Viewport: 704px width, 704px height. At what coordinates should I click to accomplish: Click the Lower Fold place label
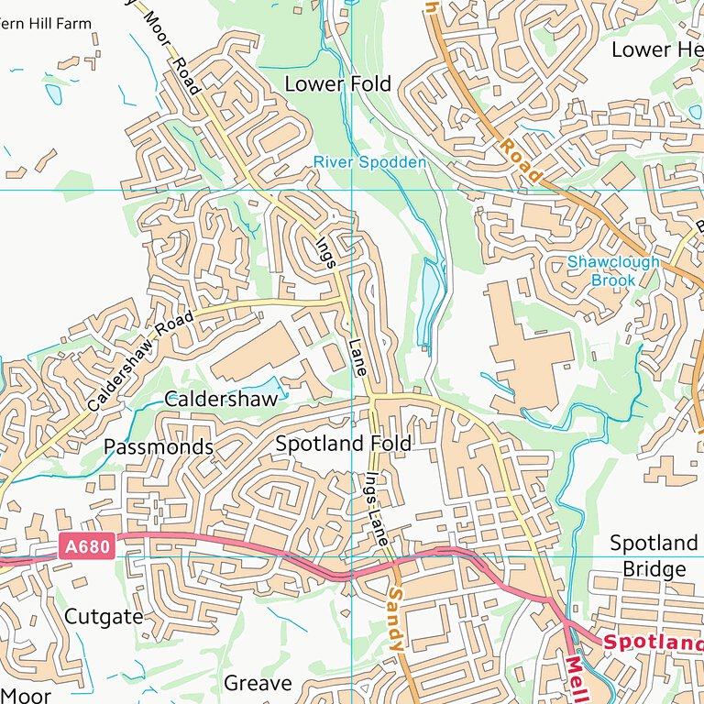pyautogui.click(x=337, y=83)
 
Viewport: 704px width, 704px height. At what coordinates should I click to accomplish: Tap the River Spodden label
pyautogui.click(x=369, y=162)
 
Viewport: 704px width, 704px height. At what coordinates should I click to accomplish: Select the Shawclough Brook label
pyautogui.click(x=613, y=270)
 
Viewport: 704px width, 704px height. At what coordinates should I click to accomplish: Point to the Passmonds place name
pyautogui.click(x=159, y=446)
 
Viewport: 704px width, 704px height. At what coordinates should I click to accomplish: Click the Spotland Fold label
pyautogui.click(x=343, y=443)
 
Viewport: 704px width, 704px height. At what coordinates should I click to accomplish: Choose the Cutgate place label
pyautogui.click(x=104, y=616)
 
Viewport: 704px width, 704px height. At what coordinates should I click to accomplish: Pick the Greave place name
pyautogui.click(x=258, y=683)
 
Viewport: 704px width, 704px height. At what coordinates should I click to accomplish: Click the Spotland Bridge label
pyautogui.click(x=654, y=555)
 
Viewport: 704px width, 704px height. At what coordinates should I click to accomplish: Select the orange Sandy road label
pyautogui.click(x=395, y=620)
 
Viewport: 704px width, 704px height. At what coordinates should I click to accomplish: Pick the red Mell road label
pyautogui.click(x=574, y=678)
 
